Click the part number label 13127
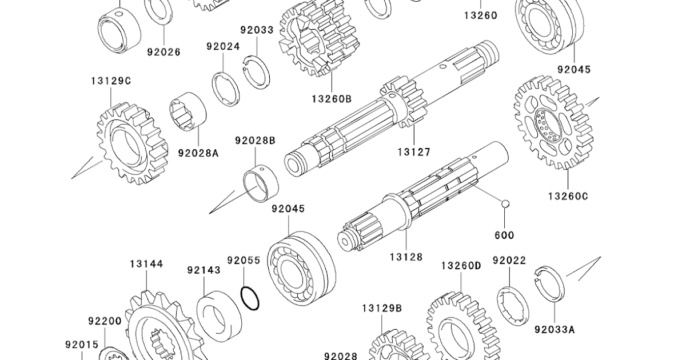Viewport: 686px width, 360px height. pos(414,152)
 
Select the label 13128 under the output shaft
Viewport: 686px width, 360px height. pos(406,257)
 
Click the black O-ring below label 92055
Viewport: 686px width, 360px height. pos(250,297)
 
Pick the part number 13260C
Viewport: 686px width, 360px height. pos(568,196)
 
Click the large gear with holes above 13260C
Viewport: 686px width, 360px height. pos(552,122)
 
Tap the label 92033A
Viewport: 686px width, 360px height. pos(555,329)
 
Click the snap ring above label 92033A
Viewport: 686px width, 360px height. pos(550,283)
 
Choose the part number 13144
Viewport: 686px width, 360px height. pos(146,264)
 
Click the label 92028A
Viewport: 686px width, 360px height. pos(198,153)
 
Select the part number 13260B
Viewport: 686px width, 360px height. pos(332,98)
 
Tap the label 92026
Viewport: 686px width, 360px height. pos(163,52)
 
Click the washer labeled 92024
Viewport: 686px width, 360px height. pos(226,90)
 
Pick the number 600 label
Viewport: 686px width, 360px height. pos(504,235)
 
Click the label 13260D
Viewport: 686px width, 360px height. pos(461,266)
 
